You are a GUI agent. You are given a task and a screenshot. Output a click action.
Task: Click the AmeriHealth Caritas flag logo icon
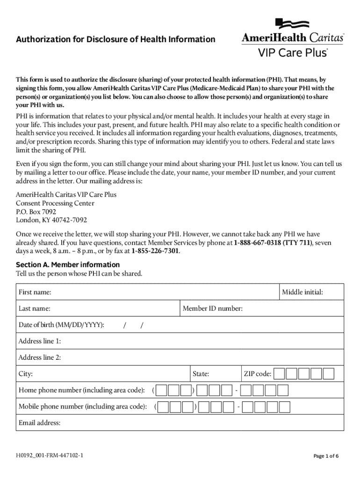[292, 24]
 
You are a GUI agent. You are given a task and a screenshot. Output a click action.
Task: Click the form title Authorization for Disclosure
[115, 39]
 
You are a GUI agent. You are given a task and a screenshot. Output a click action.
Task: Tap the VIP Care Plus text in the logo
[293, 52]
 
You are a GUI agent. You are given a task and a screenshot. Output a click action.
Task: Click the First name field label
[35, 292]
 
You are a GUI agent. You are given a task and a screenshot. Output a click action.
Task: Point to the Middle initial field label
[302, 292]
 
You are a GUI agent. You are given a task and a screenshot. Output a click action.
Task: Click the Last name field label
[35, 309]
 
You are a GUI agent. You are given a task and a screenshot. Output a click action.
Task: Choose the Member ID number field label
[213, 309]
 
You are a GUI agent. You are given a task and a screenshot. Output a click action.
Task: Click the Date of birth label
[61, 325]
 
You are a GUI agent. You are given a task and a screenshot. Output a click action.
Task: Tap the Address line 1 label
[40, 341]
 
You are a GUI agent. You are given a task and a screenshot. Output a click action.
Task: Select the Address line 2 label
[40, 358]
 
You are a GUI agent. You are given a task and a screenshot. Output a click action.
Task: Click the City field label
[26, 374]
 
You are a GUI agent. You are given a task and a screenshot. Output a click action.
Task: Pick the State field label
[201, 374]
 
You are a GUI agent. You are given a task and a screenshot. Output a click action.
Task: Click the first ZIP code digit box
[279, 374]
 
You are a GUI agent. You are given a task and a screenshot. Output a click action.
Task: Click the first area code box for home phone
[162, 391]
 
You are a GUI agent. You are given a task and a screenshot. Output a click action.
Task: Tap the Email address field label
[39, 423]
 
